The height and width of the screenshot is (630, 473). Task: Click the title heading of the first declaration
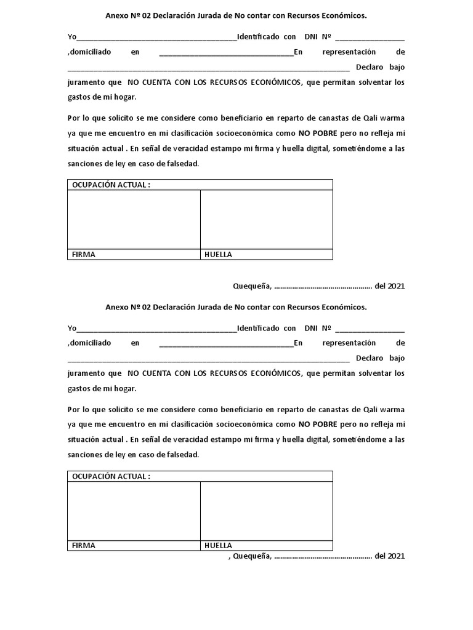tap(236, 15)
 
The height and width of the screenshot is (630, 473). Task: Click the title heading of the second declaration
tap(236, 306)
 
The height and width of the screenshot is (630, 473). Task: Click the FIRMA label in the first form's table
tap(84, 255)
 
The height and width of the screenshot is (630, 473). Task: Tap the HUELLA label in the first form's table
tap(218, 255)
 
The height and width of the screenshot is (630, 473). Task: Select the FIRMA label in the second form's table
tap(84, 545)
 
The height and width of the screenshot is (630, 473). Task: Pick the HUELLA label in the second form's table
tap(218, 545)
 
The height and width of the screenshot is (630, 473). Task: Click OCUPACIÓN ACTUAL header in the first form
tap(111, 185)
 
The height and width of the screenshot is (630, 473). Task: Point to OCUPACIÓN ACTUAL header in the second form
tap(111, 476)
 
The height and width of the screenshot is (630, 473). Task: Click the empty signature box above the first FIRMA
tap(134, 220)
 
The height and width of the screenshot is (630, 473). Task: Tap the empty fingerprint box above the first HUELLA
tap(266, 220)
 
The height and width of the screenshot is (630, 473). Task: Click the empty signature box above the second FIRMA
tap(134, 511)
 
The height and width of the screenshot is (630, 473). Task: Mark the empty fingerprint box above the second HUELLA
tap(266, 511)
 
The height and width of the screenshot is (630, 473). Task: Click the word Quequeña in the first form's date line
tap(251, 286)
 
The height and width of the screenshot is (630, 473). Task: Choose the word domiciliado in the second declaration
tap(90, 343)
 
